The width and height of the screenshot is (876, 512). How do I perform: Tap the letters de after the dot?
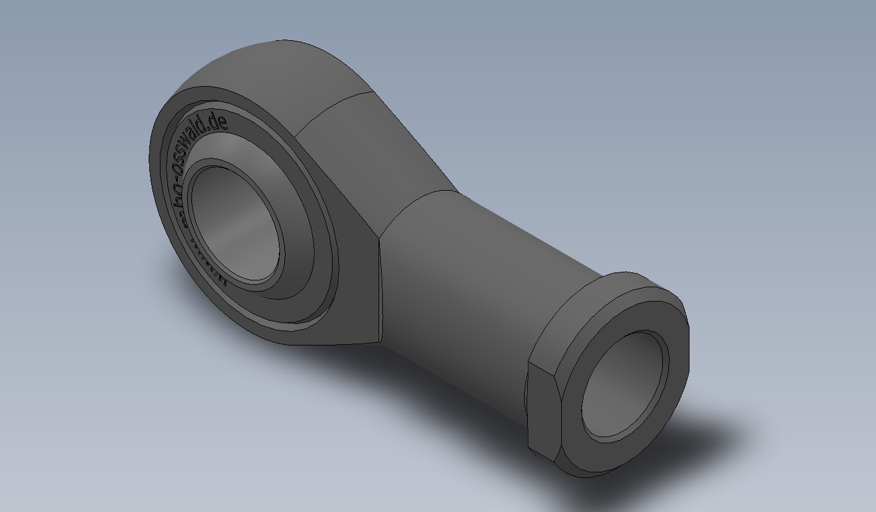pos(217,121)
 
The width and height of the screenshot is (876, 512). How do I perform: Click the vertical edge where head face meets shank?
pos(380,285)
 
